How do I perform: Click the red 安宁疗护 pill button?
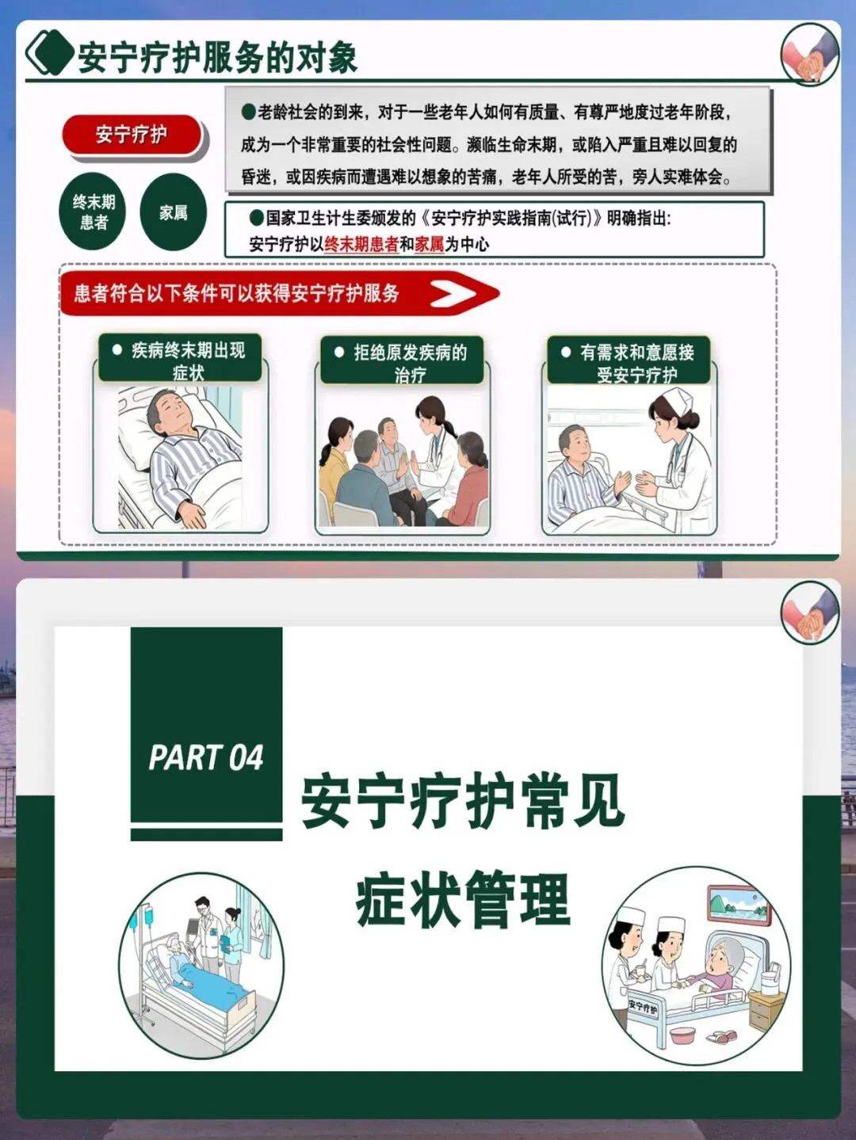click(x=132, y=135)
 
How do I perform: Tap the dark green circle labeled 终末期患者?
click(x=93, y=212)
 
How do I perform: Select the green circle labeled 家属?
click(x=174, y=212)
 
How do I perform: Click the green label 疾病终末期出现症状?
click(x=180, y=358)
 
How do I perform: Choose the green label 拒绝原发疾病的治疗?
click(x=402, y=360)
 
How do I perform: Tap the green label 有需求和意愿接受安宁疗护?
click(x=629, y=360)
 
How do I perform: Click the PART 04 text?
click(x=206, y=757)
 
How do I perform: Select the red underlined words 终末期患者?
click(x=361, y=244)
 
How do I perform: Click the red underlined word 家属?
click(x=430, y=244)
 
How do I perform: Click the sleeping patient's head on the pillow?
click(x=169, y=414)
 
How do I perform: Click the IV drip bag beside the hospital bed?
click(x=133, y=922)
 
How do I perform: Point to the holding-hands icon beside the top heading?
click(x=810, y=55)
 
